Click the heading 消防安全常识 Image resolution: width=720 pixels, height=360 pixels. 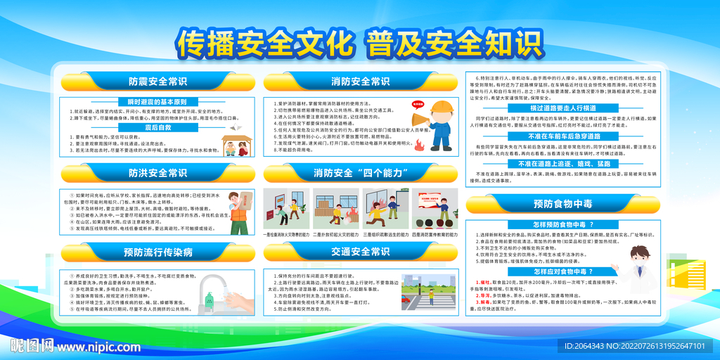click(360, 82)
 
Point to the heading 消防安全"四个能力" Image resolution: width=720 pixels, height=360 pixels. click(360, 173)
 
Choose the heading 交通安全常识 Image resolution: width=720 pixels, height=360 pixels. click(360, 252)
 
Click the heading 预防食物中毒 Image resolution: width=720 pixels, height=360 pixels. click(562, 205)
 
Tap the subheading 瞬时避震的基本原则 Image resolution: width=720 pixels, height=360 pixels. click(157, 101)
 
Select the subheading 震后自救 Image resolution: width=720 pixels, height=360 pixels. click(157, 127)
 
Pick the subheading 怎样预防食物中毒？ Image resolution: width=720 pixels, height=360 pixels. click(562, 224)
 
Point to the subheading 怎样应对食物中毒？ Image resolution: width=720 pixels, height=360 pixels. click(562, 271)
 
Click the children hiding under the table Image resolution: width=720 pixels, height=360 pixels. click(236, 146)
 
